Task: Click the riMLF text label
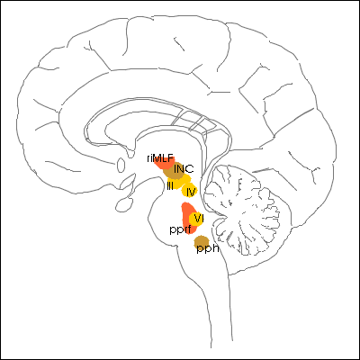point(160,158)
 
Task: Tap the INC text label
point(184,169)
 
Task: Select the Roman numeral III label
point(170,186)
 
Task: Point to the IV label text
point(191,192)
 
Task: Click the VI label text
point(198,218)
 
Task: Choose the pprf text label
point(180,230)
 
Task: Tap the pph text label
point(207,248)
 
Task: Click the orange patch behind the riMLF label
point(164,163)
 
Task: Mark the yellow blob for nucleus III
point(178,182)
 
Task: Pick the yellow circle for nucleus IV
point(189,191)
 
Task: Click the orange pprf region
point(189,218)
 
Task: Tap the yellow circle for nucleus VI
point(196,219)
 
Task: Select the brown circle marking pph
point(202,242)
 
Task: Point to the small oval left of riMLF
point(121,165)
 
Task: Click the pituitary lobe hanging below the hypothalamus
point(123,205)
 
